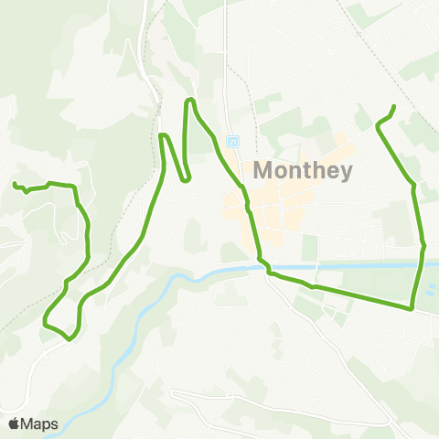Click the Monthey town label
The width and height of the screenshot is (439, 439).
pos(301,170)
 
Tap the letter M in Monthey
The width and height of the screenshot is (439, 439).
pos(262,170)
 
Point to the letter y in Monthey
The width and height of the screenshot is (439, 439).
pos(344,173)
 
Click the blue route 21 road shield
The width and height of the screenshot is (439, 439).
pos(232,142)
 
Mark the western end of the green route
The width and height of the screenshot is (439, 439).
pos(14,185)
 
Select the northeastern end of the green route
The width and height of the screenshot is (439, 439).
pos(394,107)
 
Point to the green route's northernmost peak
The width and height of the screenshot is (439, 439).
pos(190,99)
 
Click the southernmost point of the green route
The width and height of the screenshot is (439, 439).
pos(70,338)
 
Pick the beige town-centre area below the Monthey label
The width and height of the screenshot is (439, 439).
pos(274,206)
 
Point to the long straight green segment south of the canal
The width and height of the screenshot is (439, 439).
pos(357,296)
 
